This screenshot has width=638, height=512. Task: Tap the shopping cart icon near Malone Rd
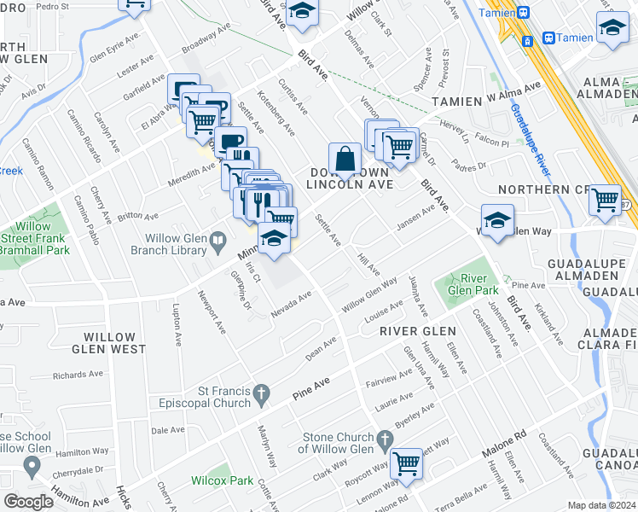(408, 463)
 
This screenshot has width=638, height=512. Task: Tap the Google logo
(28, 501)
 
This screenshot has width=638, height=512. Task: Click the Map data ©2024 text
(601, 505)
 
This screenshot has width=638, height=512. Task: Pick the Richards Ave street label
(81, 375)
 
